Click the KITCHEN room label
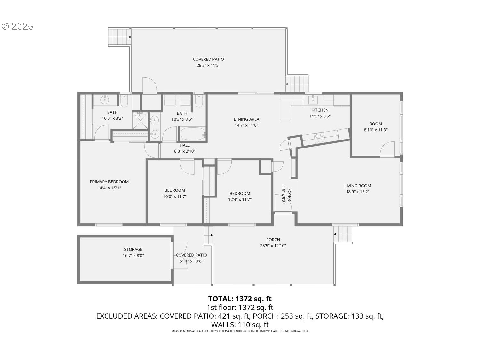point(320,110)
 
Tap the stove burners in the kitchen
point(319,138)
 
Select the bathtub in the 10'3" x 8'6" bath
point(193,134)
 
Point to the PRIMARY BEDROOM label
point(109,182)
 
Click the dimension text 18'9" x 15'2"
point(357,192)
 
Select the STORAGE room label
point(133,249)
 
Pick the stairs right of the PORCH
point(343,234)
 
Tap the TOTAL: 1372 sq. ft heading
point(240,299)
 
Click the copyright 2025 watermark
point(18,26)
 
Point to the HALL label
point(185,145)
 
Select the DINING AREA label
point(246,119)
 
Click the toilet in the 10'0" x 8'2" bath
point(124,101)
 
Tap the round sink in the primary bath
point(105,100)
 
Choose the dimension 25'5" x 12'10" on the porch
point(273,246)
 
